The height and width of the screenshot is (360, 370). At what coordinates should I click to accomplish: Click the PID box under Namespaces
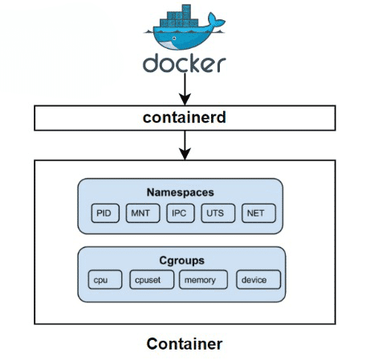(104, 214)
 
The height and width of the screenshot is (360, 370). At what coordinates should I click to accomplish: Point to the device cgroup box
(258, 280)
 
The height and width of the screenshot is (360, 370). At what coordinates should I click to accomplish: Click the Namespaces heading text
(181, 192)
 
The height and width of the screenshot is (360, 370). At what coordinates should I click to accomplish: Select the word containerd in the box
(185, 119)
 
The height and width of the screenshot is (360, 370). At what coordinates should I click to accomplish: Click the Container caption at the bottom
(185, 344)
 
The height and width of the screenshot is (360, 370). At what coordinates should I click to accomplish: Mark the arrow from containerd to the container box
(185, 144)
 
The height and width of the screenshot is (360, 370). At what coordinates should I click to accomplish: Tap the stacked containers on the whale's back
(177, 18)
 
